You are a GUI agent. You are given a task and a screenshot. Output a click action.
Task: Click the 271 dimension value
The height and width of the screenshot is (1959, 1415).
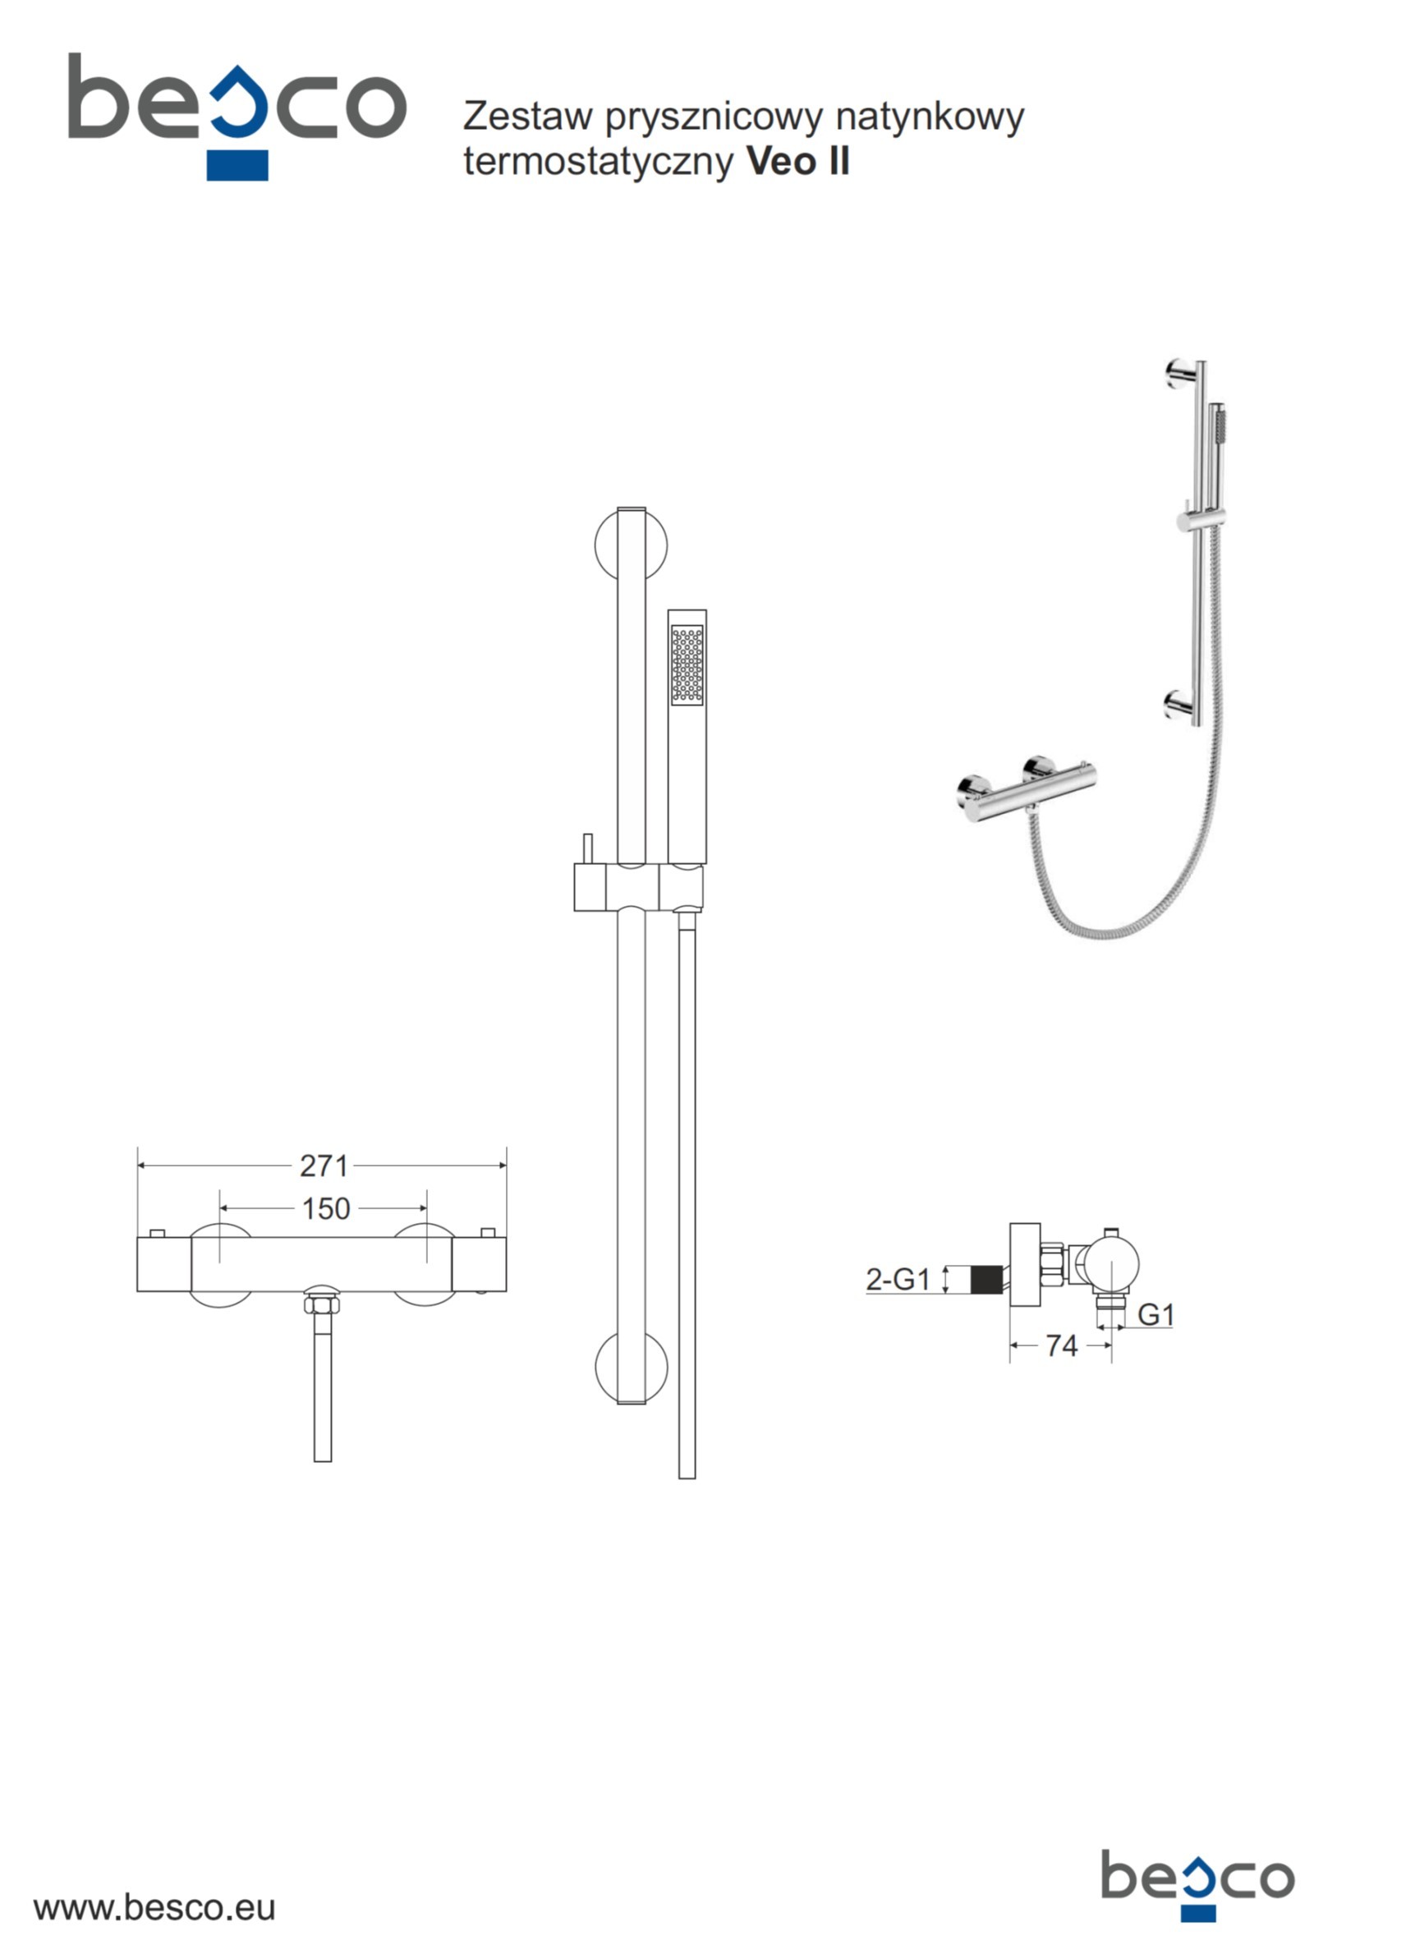point(323,1166)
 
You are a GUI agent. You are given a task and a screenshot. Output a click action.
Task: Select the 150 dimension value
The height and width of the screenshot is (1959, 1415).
point(326,1208)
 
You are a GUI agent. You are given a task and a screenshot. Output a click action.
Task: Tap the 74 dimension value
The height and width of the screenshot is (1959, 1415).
point(1062,1345)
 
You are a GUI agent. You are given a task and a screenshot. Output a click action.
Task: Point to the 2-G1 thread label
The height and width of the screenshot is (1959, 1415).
point(898,1279)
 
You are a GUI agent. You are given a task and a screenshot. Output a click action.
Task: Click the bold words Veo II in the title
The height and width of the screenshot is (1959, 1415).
point(798,162)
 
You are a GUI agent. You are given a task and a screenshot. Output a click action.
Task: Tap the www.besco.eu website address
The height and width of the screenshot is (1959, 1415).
point(154,1908)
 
